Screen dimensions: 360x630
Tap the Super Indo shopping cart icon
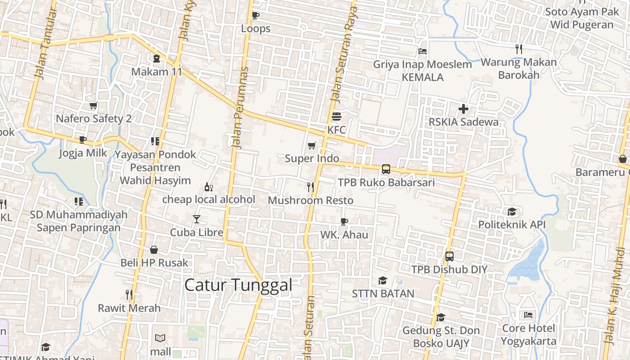point(311,145)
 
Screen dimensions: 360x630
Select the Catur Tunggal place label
point(238,285)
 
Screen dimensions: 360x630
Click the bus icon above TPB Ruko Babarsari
point(386,169)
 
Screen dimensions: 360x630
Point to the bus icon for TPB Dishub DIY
point(449,256)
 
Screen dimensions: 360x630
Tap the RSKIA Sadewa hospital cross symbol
point(463,109)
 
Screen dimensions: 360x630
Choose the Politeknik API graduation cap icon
point(512,211)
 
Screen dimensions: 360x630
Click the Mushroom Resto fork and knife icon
point(310,187)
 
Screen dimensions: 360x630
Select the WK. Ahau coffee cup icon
point(344,221)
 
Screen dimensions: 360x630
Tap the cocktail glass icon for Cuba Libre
point(197,219)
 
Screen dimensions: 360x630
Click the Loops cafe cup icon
point(256,16)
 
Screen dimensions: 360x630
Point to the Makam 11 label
point(157,72)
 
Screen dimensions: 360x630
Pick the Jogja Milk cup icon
point(83,140)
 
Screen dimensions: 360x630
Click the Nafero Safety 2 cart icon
point(93,106)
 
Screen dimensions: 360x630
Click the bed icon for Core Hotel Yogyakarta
point(528,315)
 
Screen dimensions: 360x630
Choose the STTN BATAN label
point(383,294)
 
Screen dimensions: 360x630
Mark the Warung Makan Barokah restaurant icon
point(519,49)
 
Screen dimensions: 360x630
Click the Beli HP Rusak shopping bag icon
point(154,250)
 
